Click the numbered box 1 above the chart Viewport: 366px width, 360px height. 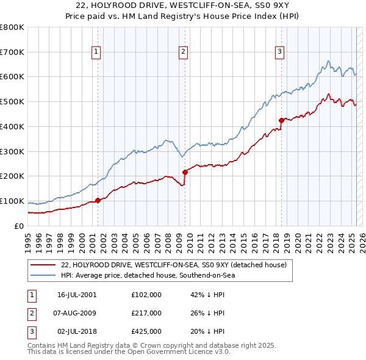coord(96,52)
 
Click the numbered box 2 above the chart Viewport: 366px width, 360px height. coord(183,52)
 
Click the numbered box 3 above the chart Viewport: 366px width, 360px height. coord(279,52)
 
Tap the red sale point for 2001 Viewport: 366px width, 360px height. coord(98,200)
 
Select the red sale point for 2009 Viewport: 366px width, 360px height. coord(185,172)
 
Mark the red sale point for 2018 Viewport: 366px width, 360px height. coord(281,120)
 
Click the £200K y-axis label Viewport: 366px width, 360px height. coord(12,176)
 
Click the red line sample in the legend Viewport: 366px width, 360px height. coord(43,265)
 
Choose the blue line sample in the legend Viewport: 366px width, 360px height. coord(43,276)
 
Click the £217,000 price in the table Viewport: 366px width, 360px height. coord(146,313)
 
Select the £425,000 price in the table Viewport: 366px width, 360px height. coord(146,331)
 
